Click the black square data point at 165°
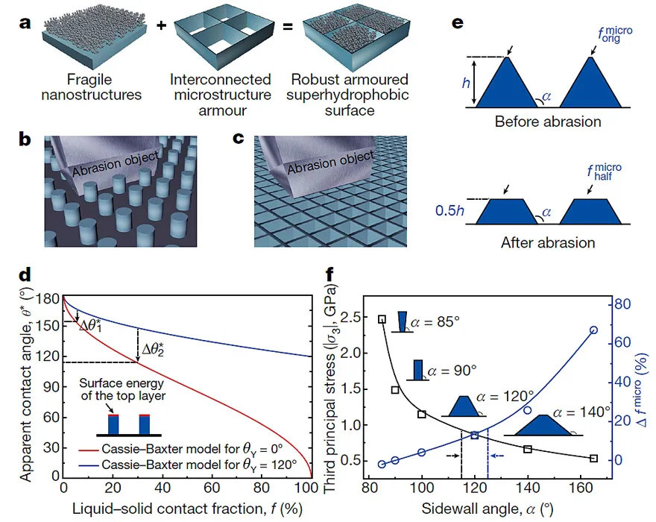point(593,458)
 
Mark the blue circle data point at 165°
point(593,330)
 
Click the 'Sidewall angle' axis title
point(494,509)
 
